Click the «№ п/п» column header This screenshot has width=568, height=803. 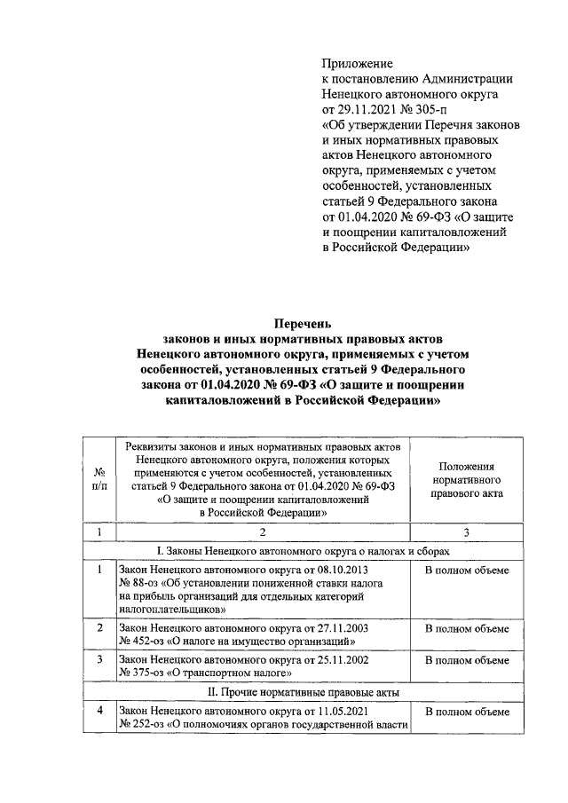(x=100, y=479)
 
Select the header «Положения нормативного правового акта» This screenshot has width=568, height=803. (x=466, y=480)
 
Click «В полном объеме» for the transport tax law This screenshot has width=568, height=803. (x=466, y=661)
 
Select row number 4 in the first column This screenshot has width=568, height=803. (x=100, y=712)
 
